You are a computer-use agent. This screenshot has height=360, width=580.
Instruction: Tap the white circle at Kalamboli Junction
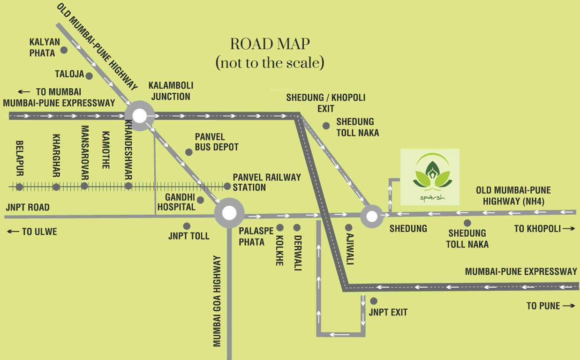[139, 115]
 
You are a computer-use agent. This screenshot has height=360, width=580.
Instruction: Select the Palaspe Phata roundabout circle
[229, 213]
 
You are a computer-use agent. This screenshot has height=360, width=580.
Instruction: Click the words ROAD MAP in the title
[270, 44]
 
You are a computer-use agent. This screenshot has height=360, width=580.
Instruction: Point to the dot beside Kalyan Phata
[64, 50]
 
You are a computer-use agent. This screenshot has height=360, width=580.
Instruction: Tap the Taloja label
[69, 74]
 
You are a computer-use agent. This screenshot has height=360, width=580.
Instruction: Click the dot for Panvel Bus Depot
[188, 152]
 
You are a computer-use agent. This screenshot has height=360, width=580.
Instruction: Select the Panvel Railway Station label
[267, 182]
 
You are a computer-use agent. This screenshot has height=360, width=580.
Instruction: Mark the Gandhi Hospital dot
[201, 200]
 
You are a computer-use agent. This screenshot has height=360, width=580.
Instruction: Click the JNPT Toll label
[188, 236]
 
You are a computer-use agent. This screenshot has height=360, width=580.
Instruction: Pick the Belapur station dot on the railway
[19, 187]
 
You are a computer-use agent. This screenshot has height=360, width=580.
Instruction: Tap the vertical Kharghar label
[56, 156]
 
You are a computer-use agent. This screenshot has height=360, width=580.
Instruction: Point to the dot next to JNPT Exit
[374, 301]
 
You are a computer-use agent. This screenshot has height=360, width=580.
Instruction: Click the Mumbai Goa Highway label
[217, 301]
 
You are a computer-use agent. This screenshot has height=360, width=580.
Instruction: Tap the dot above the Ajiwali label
[349, 227]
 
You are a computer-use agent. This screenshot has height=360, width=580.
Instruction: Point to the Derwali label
[297, 253]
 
